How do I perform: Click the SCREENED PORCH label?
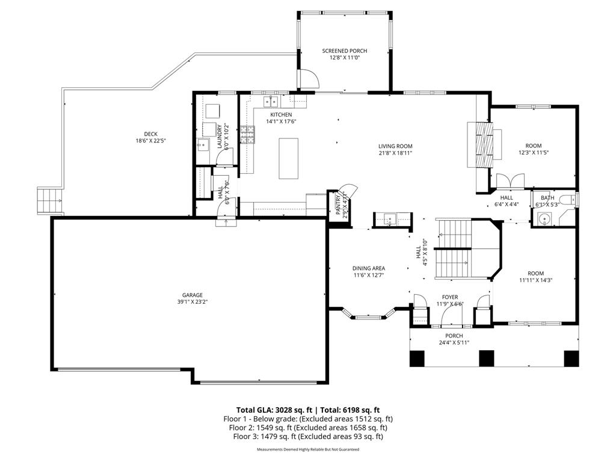click(x=344, y=51)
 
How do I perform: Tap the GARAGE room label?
click(x=192, y=295)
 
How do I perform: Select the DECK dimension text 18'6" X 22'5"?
click(x=150, y=141)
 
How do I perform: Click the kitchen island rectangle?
click(x=288, y=158)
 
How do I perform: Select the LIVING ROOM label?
click(x=395, y=146)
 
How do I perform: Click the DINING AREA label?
click(x=369, y=268)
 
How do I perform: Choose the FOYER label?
click(x=450, y=297)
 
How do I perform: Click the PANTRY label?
click(x=338, y=205)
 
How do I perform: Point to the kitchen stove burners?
click(x=247, y=134)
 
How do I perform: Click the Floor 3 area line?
click(x=308, y=436)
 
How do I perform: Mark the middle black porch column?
click(x=486, y=358)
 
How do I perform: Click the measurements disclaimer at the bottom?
click(x=308, y=449)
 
